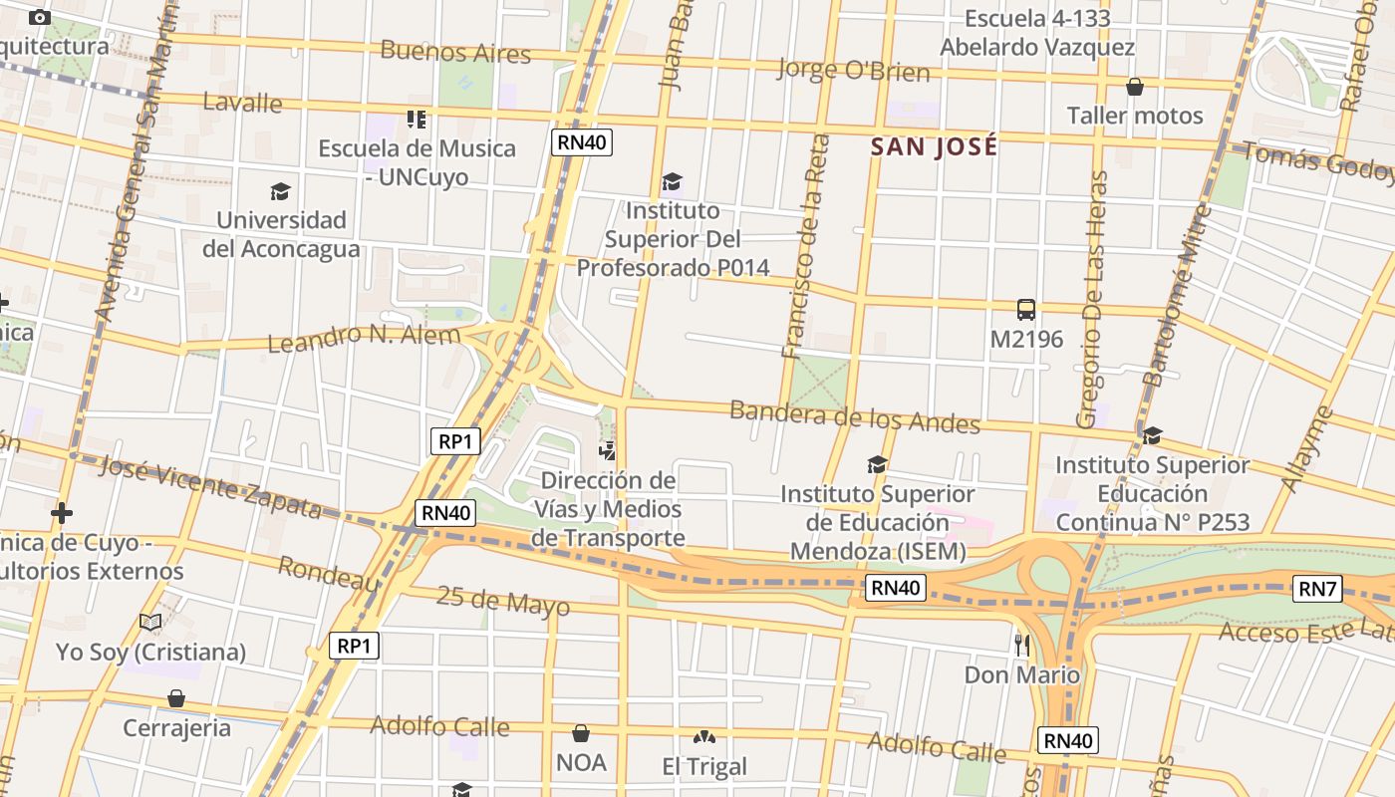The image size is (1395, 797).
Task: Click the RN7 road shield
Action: (1316, 589)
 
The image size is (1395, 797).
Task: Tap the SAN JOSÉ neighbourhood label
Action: (934, 146)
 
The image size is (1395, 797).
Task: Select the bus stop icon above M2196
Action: (1025, 310)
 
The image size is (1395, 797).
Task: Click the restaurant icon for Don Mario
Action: (1021, 645)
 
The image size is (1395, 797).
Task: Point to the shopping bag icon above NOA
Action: (581, 734)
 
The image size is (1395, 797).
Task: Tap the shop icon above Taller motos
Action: (1134, 87)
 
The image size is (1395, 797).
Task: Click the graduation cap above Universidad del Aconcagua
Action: (280, 191)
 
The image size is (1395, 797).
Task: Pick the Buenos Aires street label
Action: (455, 52)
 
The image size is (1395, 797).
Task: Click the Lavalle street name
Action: (242, 102)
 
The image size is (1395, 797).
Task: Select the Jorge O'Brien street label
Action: (852, 70)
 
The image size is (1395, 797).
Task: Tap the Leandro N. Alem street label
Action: (364, 338)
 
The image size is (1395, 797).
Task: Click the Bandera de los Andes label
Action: (855, 416)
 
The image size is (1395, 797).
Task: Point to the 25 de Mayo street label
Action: (503, 601)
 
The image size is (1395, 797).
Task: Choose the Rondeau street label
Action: (329, 574)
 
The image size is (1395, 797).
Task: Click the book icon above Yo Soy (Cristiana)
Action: (150, 623)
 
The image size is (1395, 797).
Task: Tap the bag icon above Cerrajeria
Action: (176, 698)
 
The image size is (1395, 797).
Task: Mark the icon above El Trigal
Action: (704, 737)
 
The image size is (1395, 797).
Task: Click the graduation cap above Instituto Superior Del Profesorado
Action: (672, 181)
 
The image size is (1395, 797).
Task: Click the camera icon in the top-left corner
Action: (40, 17)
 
